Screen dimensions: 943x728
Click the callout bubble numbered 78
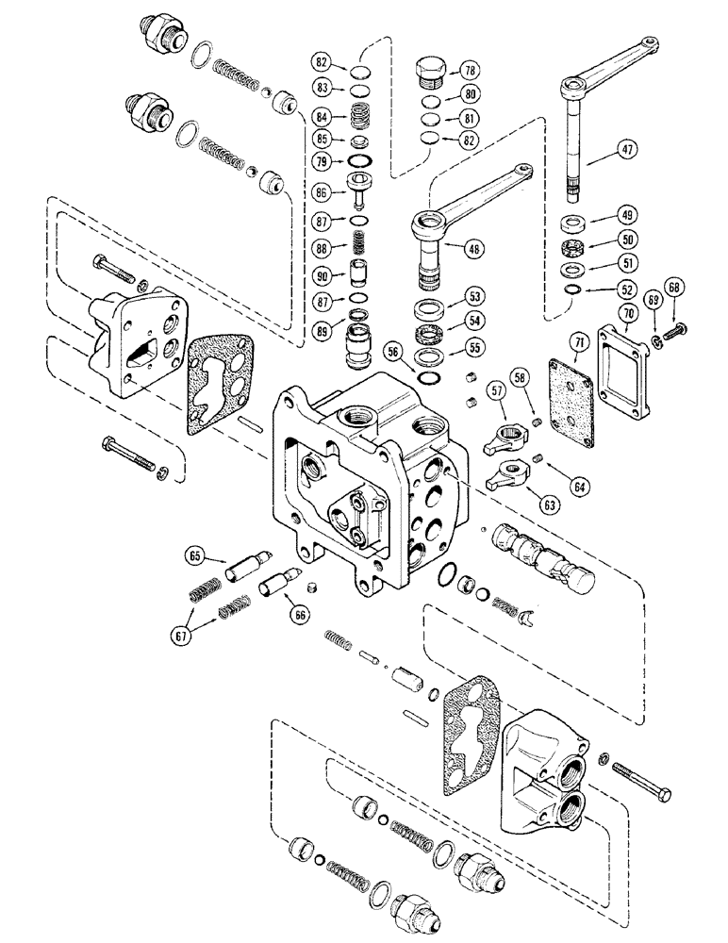click(x=469, y=70)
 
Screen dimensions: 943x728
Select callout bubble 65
click(x=195, y=557)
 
